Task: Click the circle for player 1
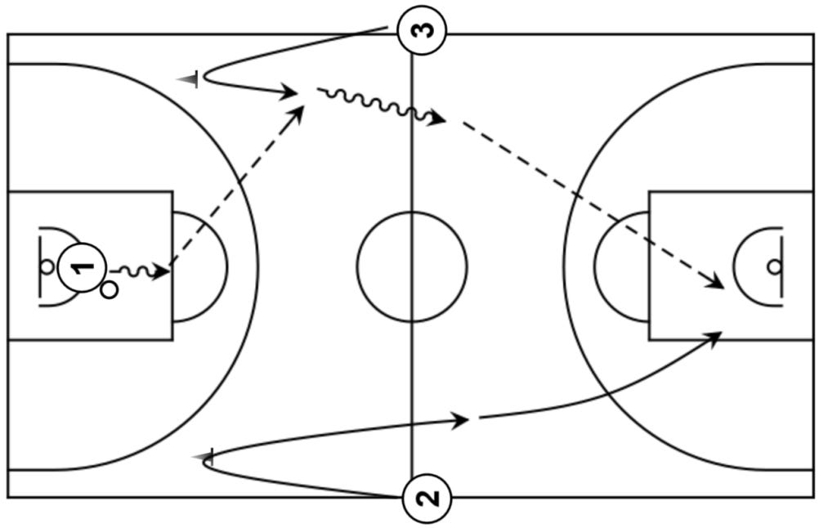click(83, 266)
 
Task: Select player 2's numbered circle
click(426, 497)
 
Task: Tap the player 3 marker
click(421, 30)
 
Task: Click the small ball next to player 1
click(110, 289)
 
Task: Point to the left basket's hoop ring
click(47, 266)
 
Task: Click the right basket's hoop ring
click(774, 266)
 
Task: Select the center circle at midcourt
click(412, 266)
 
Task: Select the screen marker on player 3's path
click(191, 79)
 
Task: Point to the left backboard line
click(39, 266)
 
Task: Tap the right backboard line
click(782, 266)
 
